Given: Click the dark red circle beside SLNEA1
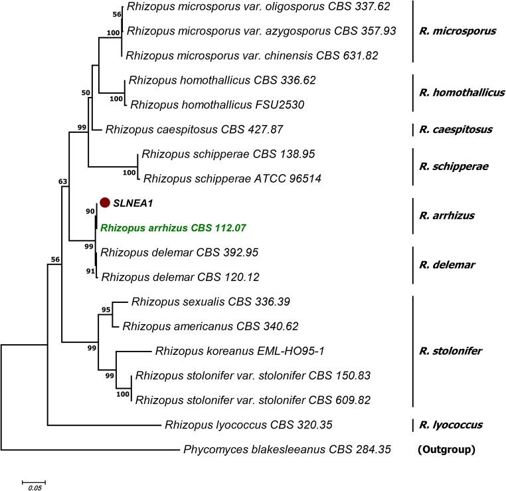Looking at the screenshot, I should click(104, 202).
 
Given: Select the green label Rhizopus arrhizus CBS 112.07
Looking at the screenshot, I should click(173, 227).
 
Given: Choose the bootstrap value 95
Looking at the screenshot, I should click(106, 310).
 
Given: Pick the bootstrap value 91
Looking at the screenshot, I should click(89, 270).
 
